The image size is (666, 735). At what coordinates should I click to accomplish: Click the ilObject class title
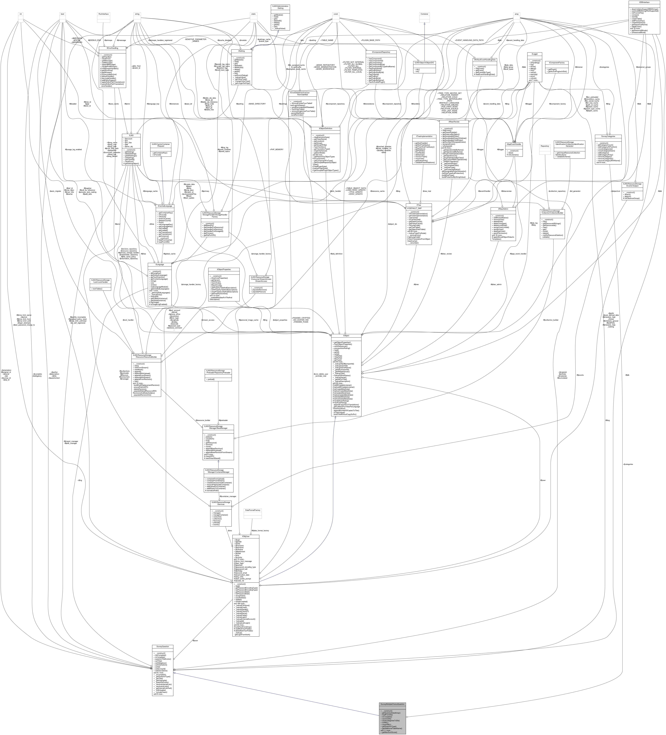click(x=346, y=335)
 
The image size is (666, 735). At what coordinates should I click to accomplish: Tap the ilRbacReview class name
click(x=454, y=121)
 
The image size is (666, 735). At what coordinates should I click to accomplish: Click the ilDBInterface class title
click(x=644, y=2)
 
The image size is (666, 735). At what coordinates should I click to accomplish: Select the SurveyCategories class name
click(x=608, y=136)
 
